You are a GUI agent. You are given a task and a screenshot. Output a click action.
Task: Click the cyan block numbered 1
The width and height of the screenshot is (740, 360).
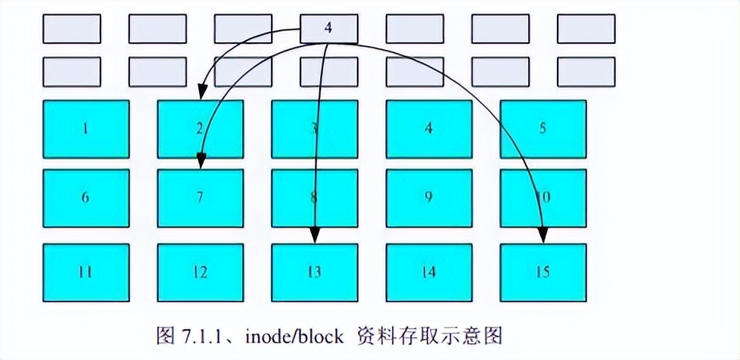pyautogui.click(x=86, y=129)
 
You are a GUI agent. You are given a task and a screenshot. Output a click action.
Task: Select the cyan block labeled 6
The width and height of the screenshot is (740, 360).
pyautogui.click(x=86, y=197)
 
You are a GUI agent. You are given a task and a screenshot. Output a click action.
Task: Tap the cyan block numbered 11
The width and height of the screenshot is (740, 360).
pyautogui.click(x=86, y=272)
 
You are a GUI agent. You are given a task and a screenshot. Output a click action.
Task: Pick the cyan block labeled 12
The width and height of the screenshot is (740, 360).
pyautogui.click(x=200, y=272)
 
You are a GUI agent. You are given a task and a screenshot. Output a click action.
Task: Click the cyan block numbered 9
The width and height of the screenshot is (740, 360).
pyautogui.click(x=429, y=197)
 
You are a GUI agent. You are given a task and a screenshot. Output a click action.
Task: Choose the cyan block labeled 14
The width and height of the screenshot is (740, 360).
pyautogui.click(x=429, y=272)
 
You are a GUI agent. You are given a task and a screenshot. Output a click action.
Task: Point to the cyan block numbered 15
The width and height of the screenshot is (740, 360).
pyautogui.click(x=543, y=272)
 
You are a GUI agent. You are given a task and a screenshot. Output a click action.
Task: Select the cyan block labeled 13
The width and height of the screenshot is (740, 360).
pyautogui.click(x=315, y=272)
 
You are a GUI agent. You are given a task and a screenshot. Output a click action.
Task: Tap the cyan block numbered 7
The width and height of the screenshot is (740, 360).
pyautogui.click(x=200, y=197)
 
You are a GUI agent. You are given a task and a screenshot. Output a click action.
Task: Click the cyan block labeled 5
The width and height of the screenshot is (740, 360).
pyautogui.click(x=543, y=129)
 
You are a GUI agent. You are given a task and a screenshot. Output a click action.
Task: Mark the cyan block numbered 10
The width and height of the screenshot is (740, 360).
pyautogui.click(x=543, y=197)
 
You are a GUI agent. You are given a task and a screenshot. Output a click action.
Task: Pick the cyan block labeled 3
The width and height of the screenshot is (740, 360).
pyautogui.click(x=315, y=129)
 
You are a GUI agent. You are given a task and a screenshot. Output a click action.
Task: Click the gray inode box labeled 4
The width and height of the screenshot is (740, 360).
pyautogui.click(x=328, y=29)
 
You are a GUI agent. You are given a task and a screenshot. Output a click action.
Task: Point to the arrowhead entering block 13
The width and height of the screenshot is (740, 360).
pyautogui.click(x=315, y=237)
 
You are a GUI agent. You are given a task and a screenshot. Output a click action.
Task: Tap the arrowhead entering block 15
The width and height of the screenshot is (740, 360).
pyautogui.click(x=542, y=237)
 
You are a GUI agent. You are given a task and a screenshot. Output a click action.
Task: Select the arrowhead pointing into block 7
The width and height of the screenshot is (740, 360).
pyautogui.click(x=201, y=162)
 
